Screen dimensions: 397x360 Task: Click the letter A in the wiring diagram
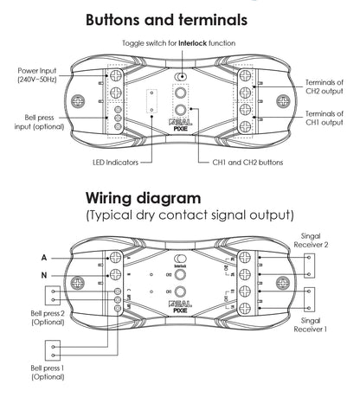click(x=43, y=257)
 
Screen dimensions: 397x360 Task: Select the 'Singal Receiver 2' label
click(x=328, y=240)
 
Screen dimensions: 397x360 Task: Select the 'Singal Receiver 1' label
click(x=328, y=325)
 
